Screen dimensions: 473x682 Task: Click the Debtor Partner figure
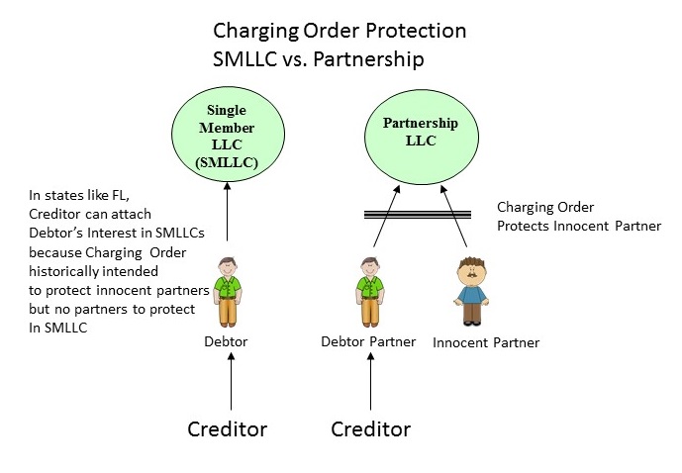(x=371, y=289)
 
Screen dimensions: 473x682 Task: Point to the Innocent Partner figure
(x=471, y=290)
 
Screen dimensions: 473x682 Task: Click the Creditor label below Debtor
(x=228, y=429)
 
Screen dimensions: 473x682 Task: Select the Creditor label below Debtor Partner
(x=370, y=429)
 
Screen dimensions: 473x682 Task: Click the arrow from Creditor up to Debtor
(x=231, y=381)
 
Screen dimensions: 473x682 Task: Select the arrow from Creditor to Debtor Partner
(x=371, y=381)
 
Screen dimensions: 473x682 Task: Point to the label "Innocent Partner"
(x=485, y=342)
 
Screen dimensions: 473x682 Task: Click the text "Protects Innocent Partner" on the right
(x=578, y=226)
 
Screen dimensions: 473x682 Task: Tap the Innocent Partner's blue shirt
(x=471, y=294)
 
